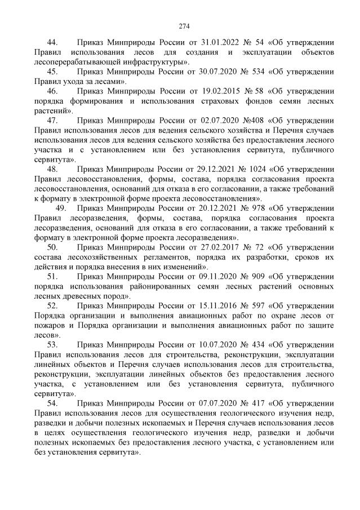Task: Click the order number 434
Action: (x=256, y=345)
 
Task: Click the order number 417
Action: (x=256, y=404)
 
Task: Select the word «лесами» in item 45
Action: (x=108, y=81)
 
